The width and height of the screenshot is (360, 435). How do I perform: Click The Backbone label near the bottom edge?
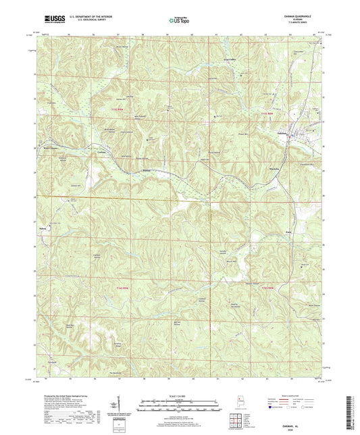tap(115, 373)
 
